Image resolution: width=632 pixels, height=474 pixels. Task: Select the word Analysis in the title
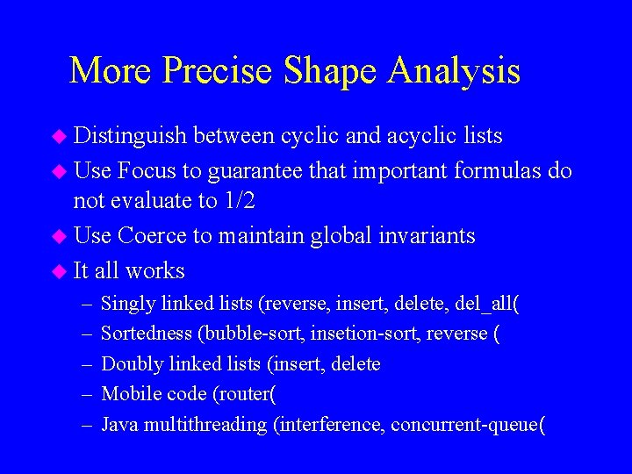(456, 71)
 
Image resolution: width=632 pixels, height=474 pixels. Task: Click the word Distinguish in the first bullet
(130, 136)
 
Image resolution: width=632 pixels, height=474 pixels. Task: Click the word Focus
(144, 169)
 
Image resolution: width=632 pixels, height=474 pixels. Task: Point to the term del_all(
(488, 304)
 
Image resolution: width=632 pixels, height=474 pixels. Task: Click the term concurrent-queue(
(468, 425)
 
